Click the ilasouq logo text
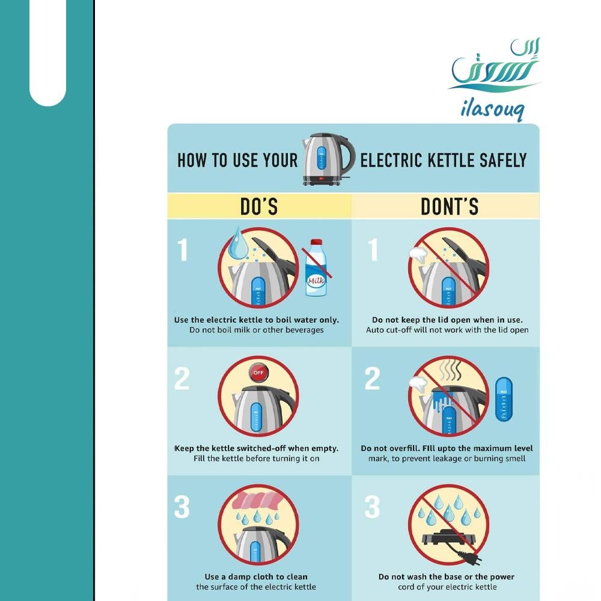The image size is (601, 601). pos(493,110)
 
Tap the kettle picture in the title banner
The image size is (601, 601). pos(328,159)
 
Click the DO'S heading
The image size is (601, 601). pos(259,207)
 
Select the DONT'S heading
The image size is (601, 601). pos(450,207)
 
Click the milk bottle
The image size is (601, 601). pos(316,267)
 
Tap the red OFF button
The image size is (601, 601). pos(258,372)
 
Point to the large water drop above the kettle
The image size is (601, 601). pos(237,243)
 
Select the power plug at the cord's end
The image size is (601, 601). pos(474,559)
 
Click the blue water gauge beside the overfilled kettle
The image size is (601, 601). pos(504,400)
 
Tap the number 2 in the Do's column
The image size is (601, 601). pos(182,378)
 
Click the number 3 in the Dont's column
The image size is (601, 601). pos(372,507)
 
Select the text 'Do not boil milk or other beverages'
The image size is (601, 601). pos(257,330)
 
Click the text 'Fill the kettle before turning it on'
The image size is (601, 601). pos(257,459)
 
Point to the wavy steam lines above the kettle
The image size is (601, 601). pos(451,370)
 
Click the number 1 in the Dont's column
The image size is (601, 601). pos(373,250)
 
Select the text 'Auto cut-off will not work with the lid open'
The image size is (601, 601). pos(447,330)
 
